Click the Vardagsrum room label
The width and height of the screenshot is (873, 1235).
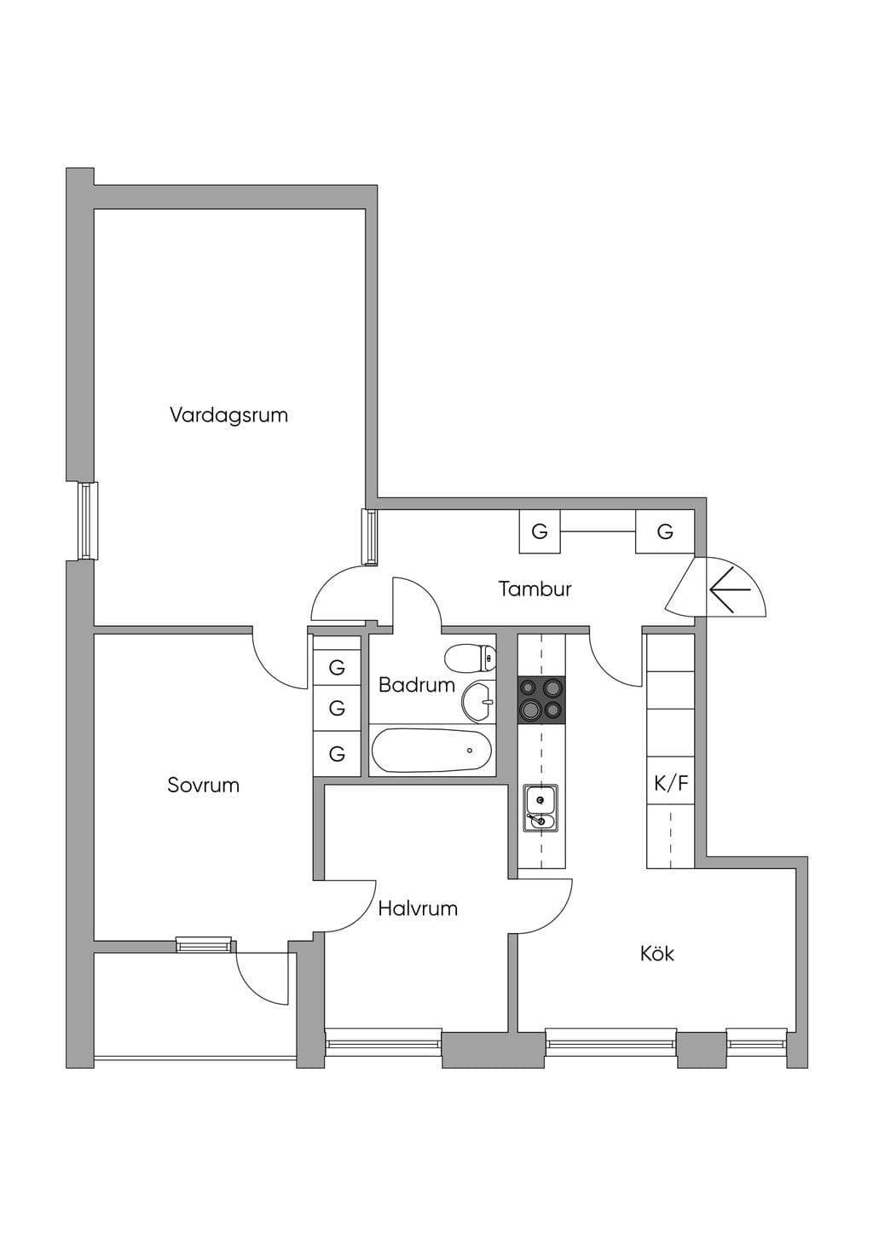click(228, 415)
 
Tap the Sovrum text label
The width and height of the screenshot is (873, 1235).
click(204, 786)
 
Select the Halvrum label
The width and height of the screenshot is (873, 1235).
click(418, 908)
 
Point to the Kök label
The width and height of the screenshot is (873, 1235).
click(657, 954)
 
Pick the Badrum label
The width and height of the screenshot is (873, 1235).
click(417, 686)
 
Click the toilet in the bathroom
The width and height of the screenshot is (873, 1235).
click(471, 658)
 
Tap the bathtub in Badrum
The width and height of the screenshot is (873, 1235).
click(431, 751)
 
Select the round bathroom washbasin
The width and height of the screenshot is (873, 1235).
click(479, 701)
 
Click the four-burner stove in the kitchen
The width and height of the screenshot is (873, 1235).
click(541, 699)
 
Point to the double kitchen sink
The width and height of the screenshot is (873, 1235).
click(541, 809)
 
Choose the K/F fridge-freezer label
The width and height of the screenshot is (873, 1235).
click(671, 783)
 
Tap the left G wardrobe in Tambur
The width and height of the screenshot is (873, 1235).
click(540, 531)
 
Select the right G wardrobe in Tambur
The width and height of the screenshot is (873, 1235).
click(665, 531)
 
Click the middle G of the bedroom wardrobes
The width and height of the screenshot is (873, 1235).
click(337, 707)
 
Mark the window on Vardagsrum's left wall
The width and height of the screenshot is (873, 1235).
click(87, 521)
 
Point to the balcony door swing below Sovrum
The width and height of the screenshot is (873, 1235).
click(263, 972)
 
